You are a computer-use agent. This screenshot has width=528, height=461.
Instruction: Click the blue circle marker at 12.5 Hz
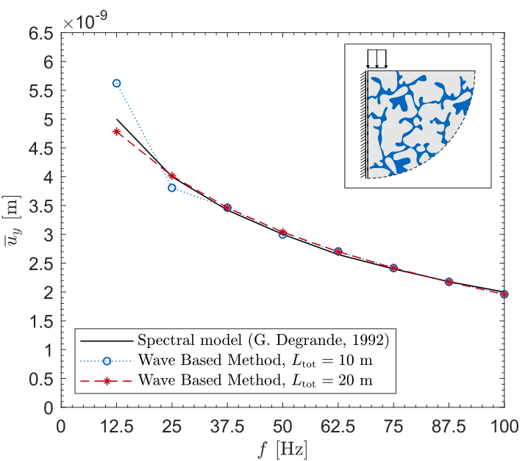(x=116, y=83)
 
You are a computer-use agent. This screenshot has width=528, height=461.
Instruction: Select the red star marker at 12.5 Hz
(x=116, y=131)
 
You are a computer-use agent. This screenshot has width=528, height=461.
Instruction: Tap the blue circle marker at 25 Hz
(x=172, y=188)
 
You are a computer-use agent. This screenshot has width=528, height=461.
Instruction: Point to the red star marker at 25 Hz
(x=172, y=176)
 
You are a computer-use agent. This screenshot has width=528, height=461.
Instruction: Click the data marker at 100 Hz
(x=504, y=294)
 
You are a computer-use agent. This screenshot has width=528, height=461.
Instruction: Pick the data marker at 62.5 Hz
(x=338, y=251)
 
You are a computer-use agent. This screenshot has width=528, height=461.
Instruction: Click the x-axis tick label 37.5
(x=227, y=425)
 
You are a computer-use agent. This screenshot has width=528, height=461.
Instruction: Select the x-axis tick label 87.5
(x=449, y=425)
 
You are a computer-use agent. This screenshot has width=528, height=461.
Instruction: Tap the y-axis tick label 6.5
(x=41, y=34)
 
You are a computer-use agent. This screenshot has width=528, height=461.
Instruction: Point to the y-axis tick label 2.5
(x=41, y=264)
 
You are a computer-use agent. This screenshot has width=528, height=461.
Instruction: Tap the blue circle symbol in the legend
(x=107, y=360)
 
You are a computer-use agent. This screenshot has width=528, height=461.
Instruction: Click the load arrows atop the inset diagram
(x=377, y=58)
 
